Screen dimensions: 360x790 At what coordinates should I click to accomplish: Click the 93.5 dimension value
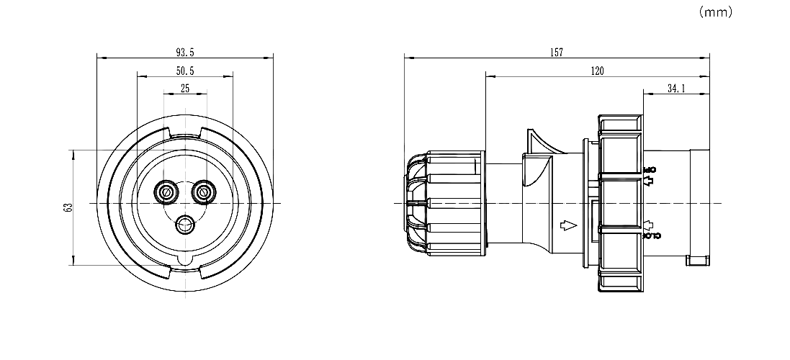point(185,53)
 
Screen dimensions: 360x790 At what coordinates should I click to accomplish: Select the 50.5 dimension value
point(185,71)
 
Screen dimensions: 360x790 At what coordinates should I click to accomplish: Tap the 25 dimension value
point(185,89)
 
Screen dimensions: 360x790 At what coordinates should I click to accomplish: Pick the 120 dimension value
point(597,71)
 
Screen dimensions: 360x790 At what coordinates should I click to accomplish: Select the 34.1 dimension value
point(675,89)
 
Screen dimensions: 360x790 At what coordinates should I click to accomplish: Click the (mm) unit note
point(715,12)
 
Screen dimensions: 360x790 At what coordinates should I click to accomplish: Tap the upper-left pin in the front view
point(167,192)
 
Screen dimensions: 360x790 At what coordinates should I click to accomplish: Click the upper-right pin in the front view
point(204,192)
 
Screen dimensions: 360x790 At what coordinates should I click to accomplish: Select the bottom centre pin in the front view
point(185,225)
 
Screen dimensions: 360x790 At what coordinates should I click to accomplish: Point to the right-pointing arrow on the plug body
point(569,225)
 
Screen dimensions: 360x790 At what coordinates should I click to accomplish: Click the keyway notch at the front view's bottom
point(185,260)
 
